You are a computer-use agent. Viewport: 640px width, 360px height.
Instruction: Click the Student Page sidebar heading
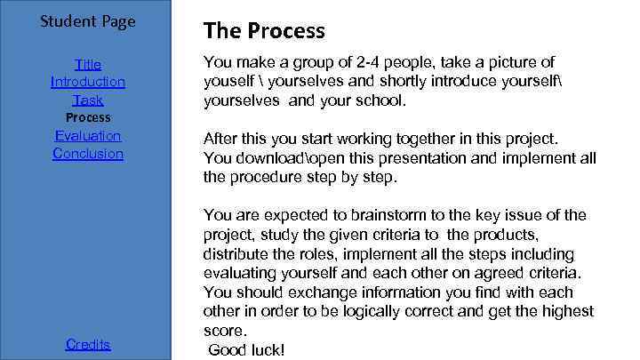pos(88,20)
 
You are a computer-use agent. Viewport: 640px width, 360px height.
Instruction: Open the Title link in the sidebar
pos(88,64)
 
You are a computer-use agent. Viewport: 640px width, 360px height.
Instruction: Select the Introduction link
pos(88,82)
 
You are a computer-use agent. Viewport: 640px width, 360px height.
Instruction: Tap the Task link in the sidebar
pos(88,100)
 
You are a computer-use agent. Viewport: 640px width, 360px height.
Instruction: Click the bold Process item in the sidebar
pos(88,117)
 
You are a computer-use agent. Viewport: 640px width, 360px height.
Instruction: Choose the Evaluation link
pos(88,135)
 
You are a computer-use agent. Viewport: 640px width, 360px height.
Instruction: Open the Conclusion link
pos(88,153)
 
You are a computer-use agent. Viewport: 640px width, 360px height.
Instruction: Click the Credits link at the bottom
pos(88,344)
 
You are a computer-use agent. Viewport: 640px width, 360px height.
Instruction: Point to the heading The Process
pos(264,31)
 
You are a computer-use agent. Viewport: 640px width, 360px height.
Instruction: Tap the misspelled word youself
pos(229,82)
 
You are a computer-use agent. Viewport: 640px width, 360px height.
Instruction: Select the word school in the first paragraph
pos(381,101)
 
